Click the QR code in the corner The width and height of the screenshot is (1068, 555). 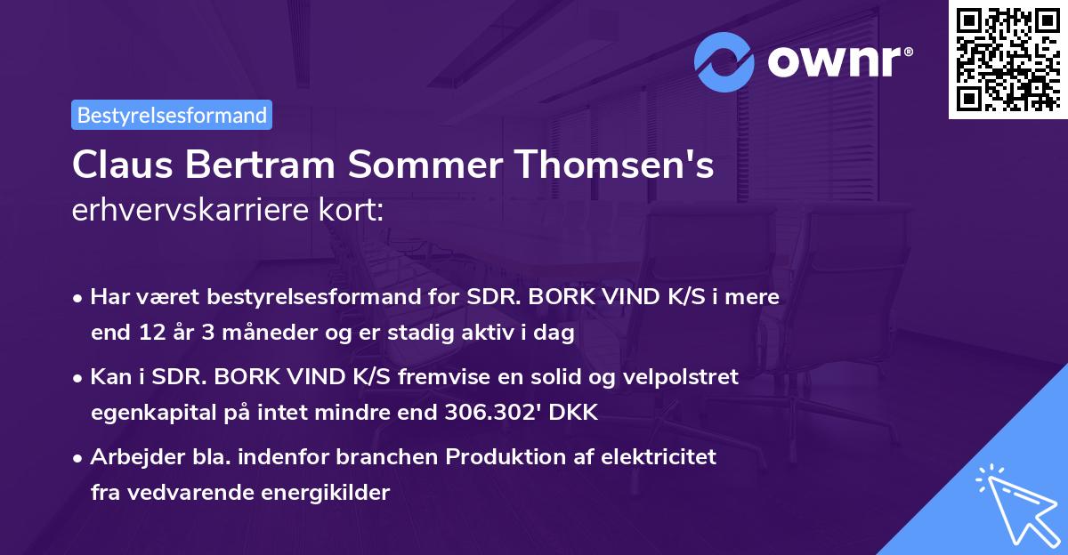click(x=1007, y=60)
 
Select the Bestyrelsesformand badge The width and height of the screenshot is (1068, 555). click(x=172, y=115)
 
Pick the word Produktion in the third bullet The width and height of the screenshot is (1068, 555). click(x=503, y=457)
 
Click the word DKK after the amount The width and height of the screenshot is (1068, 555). click(x=575, y=413)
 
